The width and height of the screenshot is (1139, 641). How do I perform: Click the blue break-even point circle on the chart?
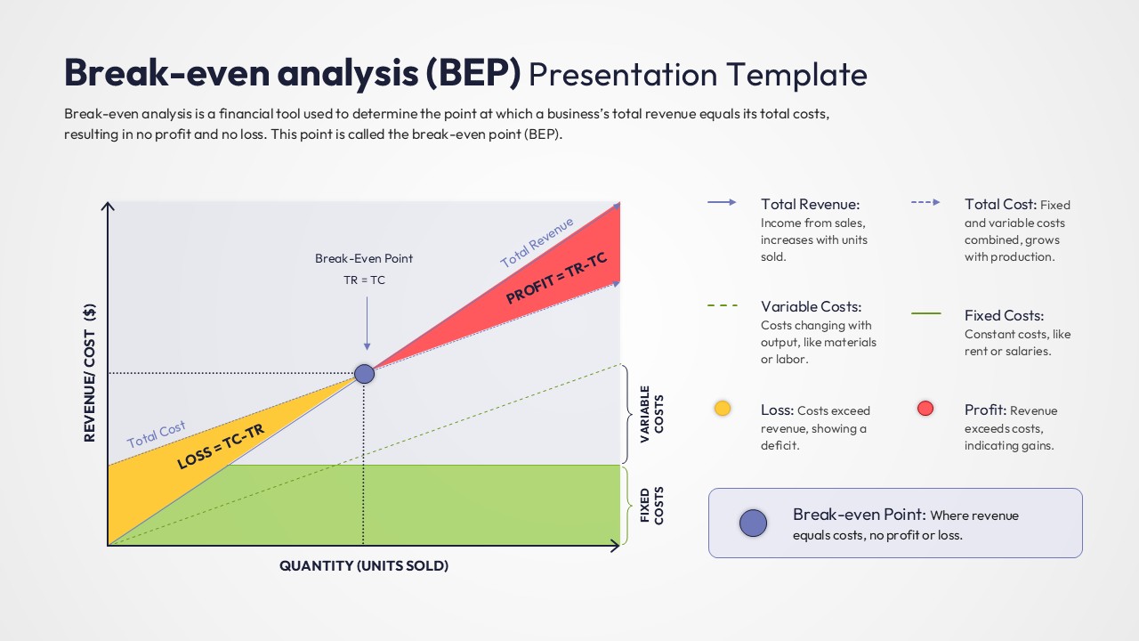point(364,373)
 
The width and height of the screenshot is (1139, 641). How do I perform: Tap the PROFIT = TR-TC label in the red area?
point(556,278)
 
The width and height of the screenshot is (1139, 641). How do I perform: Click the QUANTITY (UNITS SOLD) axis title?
point(364,566)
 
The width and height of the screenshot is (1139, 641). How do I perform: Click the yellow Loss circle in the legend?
point(723,409)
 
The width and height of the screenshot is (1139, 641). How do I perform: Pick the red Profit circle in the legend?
point(925,409)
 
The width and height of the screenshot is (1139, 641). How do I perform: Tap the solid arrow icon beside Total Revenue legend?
point(722,203)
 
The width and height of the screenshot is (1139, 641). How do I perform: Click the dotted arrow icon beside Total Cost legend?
point(925,203)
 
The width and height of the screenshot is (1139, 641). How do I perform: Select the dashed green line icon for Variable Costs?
point(723,305)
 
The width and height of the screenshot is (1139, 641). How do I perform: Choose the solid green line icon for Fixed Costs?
point(926,313)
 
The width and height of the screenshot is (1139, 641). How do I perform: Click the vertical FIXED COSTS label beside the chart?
point(652,505)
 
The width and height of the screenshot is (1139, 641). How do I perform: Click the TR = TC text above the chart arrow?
point(364,280)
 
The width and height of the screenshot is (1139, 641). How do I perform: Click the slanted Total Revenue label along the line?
point(537,242)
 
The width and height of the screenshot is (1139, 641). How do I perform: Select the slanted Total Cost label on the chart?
point(156,434)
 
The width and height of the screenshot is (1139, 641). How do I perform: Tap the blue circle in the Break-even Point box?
point(753,523)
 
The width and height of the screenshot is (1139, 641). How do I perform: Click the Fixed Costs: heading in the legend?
point(1004,315)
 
